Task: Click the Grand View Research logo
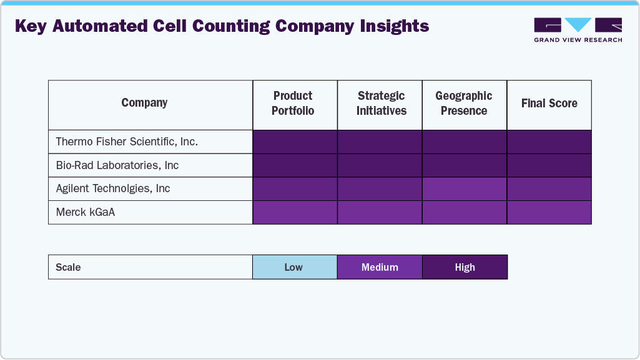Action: [x=578, y=29]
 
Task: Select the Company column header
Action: [x=144, y=103]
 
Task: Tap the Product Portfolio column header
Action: [x=293, y=104]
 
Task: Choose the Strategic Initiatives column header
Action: [x=381, y=104]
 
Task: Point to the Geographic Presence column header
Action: [x=463, y=104]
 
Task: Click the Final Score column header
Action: [x=549, y=104]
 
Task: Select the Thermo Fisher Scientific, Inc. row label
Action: [x=127, y=142]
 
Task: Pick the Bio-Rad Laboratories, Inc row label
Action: [x=117, y=165]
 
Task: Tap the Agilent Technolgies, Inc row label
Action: [x=113, y=188]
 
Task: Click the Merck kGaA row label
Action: [x=86, y=212]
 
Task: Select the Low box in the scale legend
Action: [x=294, y=267]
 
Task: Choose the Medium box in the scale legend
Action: [x=380, y=267]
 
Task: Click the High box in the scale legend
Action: [x=465, y=267]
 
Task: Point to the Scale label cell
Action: [x=69, y=267]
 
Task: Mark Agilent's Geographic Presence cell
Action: [x=465, y=188]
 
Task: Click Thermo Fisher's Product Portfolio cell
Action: [x=295, y=142]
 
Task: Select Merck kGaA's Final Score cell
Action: [x=549, y=212]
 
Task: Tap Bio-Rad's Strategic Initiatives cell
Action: [x=380, y=165]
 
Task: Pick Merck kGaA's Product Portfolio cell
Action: [x=295, y=212]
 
